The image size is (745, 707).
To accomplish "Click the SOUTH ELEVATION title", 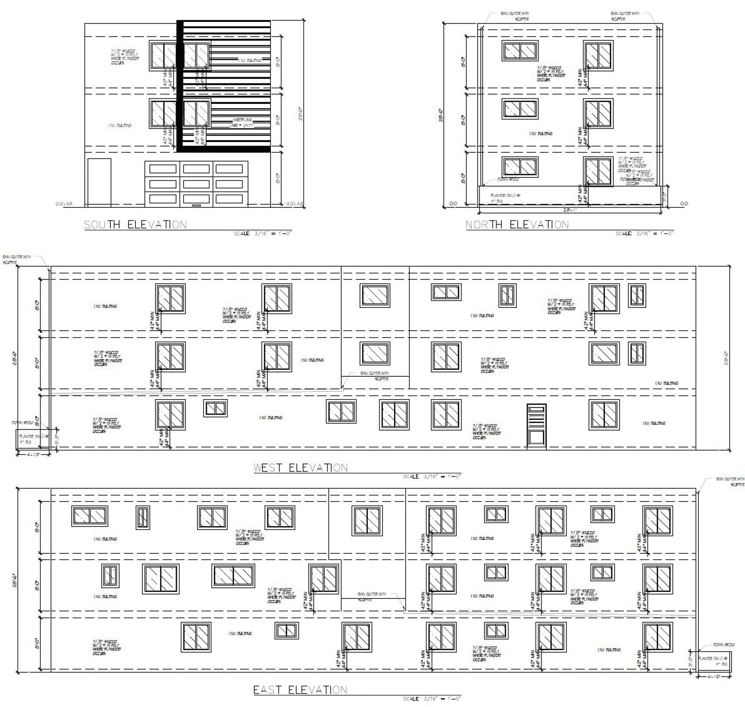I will pyautogui.click(x=135, y=224).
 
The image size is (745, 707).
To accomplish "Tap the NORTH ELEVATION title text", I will pyautogui.click(x=517, y=224).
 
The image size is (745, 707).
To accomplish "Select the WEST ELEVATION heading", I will pyautogui.click(x=300, y=468).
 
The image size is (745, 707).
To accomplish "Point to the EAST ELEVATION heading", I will pyautogui.click(x=300, y=690).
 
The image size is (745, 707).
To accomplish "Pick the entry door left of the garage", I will pyautogui.click(x=99, y=182).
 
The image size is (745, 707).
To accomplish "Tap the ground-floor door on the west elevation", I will pyautogui.click(x=536, y=426).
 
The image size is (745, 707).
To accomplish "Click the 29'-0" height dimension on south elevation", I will pyautogui.click(x=301, y=112).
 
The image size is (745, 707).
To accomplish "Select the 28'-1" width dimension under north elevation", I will pyautogui.click(x=570, y=210).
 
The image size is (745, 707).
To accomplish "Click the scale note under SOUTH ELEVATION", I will pyautogui.click(x=263, y=233).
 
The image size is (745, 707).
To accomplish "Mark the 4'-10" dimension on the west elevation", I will pyautogui.click(x=33, y=454).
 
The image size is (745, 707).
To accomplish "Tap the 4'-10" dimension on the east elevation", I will pyautogui.click(x=713, y=676).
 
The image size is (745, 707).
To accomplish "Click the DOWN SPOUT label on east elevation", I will pyautogui.click(x=723, y=645).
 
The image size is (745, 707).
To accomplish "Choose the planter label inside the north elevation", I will pyautogui.click(x=506, y=196).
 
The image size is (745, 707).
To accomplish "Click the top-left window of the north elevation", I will pyautogui.click(x=520, y=50).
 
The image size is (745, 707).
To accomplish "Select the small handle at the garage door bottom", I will pyautogui.click(x=196, y=205).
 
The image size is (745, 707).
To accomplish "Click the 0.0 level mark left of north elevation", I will pyautogui.click(x=454, y=204).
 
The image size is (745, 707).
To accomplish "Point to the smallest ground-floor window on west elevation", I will pyautogui.click(x=216, y=408).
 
